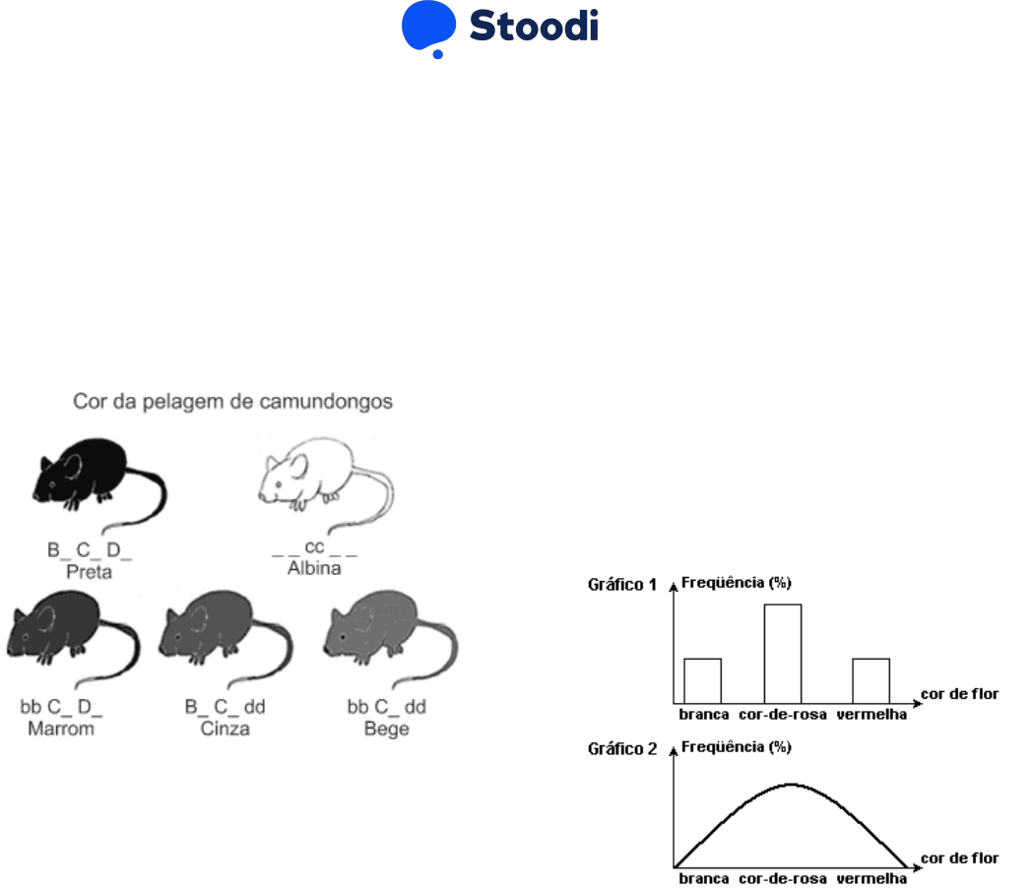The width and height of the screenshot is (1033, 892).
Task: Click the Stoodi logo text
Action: pos(533,27)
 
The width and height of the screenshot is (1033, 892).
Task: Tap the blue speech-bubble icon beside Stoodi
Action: pos(428,28)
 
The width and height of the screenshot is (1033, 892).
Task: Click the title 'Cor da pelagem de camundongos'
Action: pos(232,402)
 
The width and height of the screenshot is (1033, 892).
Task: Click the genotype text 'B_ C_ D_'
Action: pos(90,551)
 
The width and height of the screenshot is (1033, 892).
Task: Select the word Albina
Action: pos(314,569)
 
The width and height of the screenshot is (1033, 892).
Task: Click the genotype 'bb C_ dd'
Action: pos(386,708)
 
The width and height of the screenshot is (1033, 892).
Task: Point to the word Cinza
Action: pos(225,729)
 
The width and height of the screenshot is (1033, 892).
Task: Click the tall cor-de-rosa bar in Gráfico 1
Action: pos(783,652)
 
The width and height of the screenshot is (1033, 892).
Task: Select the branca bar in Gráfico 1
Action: pos(702,678)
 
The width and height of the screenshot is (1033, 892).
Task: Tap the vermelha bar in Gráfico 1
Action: pos(871,678)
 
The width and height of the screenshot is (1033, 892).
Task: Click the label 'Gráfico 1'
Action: pos(622,584)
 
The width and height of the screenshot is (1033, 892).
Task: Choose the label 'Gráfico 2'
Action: pos(622,748)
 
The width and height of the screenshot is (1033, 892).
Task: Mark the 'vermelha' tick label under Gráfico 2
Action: pos(872,878)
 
